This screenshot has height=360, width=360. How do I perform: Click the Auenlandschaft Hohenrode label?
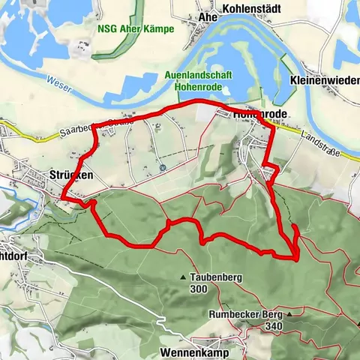click(x=199, y=78)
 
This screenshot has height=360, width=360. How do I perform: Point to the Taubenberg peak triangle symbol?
click(x=183, y=277)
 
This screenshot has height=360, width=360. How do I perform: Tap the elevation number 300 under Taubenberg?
click(x=199, y=289)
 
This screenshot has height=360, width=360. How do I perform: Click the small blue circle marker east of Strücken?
click(x=161, y=167)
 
